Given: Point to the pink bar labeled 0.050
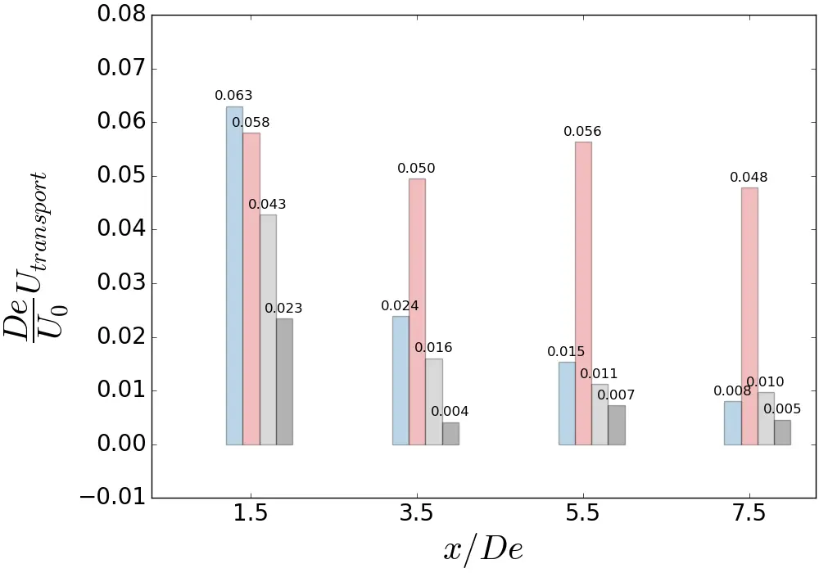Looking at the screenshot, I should tap(417, 311).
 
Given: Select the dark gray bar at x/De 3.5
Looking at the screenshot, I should tap(450, 434).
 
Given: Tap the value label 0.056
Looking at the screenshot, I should tap(582, 132).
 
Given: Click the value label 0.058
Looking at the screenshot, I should tap(251, 123).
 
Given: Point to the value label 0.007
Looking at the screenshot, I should tap(616, 395).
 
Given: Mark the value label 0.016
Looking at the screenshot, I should tap(433, 348).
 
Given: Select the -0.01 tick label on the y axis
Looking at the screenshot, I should tap(115, 498).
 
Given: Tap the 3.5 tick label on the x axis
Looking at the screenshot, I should tap(417, 514).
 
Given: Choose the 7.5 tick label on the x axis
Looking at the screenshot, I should tap(749, 514).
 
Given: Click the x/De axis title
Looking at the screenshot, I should tap(483, 549).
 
